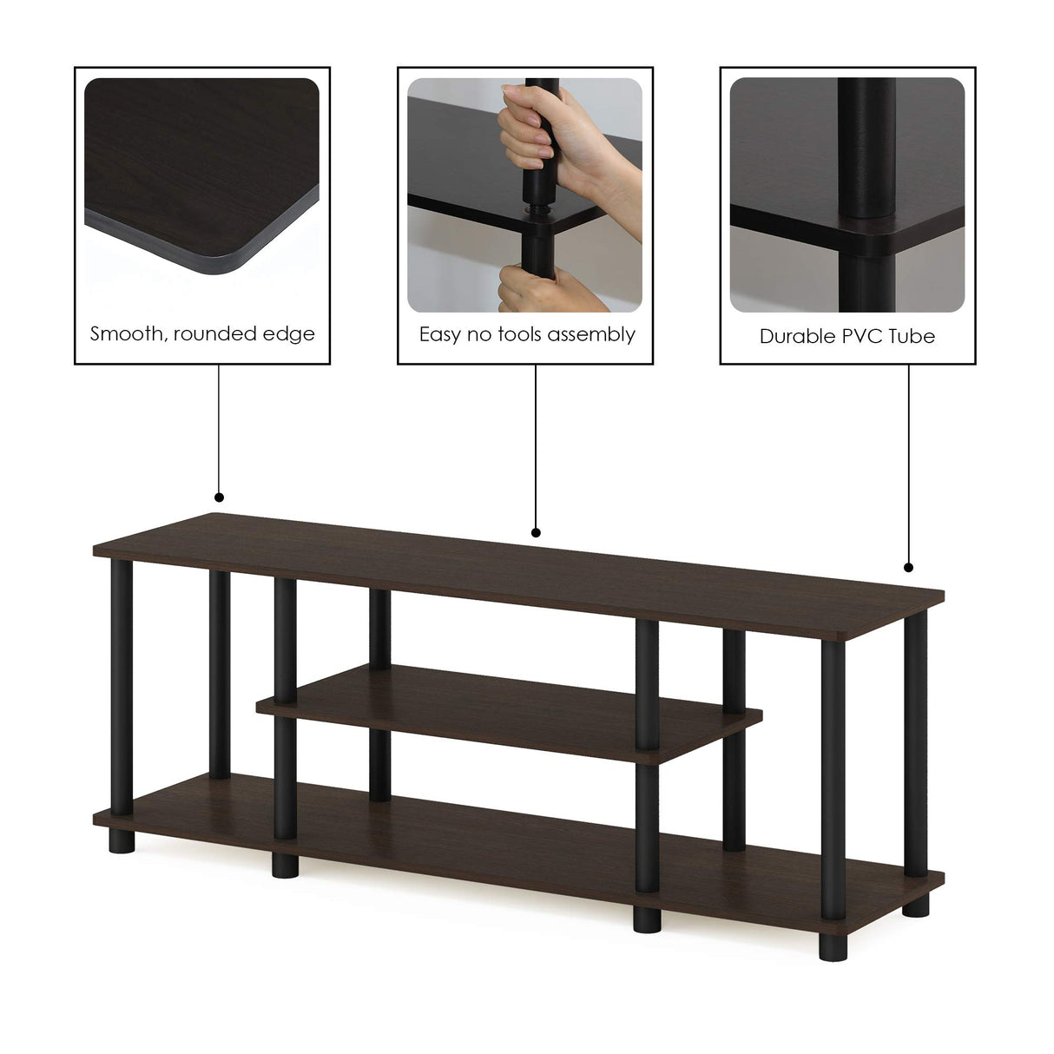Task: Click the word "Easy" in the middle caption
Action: (440, 335)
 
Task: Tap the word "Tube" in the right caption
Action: (914, 336)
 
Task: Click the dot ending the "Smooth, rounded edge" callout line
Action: (219, 497)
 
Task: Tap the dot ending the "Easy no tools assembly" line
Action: (536, 532)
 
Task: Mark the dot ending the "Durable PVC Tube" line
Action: (908, 568)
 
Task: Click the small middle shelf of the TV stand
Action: (508, 710)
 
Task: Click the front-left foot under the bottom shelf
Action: (282, 865)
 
